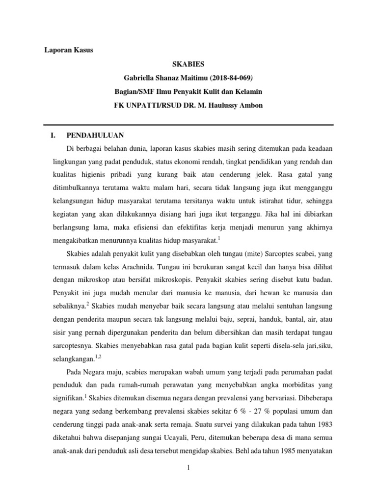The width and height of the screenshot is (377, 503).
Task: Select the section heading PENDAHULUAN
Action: point(95,135)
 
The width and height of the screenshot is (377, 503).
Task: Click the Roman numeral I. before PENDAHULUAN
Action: point(47,135)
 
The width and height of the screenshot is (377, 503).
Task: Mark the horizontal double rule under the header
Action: point(188,124)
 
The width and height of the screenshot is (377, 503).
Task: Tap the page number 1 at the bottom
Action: point(188,468)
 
